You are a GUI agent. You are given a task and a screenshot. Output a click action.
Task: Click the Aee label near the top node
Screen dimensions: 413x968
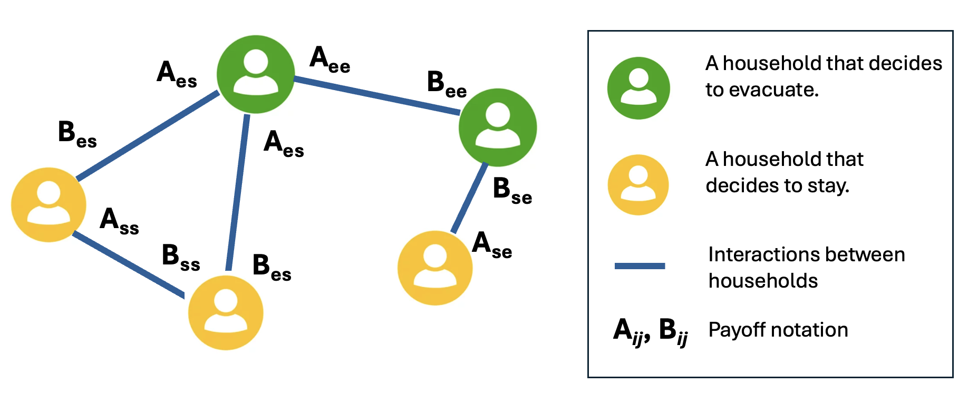click(330, 60)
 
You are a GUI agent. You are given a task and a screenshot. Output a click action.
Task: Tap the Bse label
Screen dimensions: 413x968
click(512, 191)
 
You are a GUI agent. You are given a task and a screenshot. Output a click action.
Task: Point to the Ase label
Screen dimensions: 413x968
click(491, 245)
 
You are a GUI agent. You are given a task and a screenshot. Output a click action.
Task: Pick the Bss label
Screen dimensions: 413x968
click(181, 258)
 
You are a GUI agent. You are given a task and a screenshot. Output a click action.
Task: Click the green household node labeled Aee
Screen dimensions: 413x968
click(256, 74)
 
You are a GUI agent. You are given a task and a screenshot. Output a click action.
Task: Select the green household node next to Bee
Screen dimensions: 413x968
click(497, 127)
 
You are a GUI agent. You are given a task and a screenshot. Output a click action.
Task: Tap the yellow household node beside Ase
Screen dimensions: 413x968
click(435, 268)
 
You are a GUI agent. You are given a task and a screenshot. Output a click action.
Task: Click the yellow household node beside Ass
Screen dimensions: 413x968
click(49, 205)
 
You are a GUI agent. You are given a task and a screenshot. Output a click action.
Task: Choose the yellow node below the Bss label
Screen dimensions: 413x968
click(226, 312)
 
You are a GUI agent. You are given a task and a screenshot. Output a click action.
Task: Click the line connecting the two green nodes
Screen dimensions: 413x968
click(377, 96)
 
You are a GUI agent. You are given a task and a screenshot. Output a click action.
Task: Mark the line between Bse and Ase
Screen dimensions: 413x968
click(469, 198)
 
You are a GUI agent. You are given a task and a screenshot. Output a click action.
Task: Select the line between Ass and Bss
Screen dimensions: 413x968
click(128, 264)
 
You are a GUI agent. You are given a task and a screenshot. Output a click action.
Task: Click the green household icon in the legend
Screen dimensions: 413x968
click(638, 88)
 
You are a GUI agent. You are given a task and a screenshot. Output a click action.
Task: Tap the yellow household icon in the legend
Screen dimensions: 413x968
click(638, 185)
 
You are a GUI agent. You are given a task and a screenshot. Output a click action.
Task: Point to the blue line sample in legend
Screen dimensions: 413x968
click(640, 266)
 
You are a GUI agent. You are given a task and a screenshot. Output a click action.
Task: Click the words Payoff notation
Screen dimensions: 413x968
click(778, 330)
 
